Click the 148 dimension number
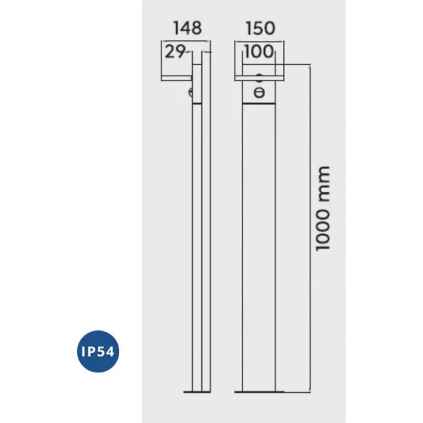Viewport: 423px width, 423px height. [186, 28]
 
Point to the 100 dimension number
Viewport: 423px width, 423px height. [259, 52]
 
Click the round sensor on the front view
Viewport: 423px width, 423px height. [259, 92]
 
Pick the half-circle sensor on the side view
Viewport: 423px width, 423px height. [191, 92]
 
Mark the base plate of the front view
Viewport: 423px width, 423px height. [259, 392]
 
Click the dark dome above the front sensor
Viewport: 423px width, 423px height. [259, 76]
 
